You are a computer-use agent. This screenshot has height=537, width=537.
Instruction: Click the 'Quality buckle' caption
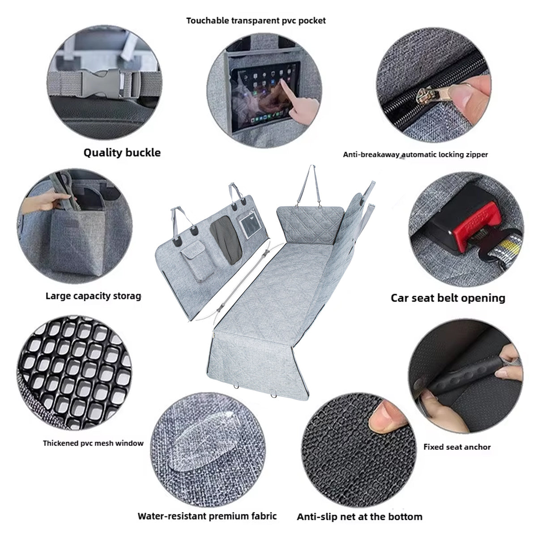pos(122,153)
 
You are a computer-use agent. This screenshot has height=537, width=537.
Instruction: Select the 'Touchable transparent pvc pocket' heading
pos(256,21)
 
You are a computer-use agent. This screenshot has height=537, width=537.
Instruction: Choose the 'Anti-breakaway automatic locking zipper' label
pos(415,155)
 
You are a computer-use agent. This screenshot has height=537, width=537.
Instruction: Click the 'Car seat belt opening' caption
pos(448,298)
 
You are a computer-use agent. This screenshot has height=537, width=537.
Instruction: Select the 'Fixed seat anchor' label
pos(457,447)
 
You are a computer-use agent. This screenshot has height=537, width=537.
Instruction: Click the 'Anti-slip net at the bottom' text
pos(359,517)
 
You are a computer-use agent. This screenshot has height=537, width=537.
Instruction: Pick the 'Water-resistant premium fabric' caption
pos(207,516)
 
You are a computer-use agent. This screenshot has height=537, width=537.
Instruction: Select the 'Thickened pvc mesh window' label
pos(93,443)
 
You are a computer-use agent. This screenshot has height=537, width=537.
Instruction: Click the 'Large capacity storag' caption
pos(93,296)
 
